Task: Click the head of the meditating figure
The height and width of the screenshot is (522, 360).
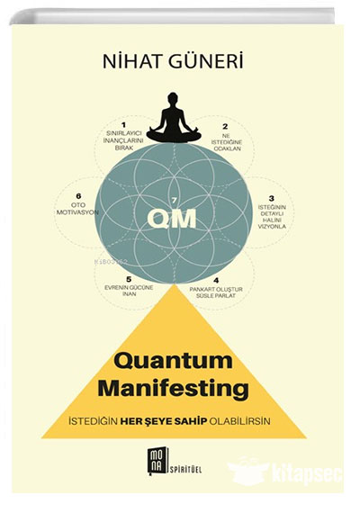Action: click(x=173, y=99)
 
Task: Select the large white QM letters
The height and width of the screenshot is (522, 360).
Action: click(x=172, y=218)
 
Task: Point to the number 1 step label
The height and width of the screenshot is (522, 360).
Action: click(x=124, y=125)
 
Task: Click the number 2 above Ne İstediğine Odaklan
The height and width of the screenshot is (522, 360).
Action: click(x=226, y=126)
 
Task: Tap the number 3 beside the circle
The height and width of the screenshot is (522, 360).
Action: click(x=272, y=198)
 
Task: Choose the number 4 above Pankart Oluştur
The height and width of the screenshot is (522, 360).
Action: click(x=217, y=281)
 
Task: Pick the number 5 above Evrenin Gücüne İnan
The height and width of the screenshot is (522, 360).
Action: click(x=129, y=279)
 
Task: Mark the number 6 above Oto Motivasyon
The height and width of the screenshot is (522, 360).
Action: click(x=78, y=196)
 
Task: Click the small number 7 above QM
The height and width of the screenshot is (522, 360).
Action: click(x=173, y=200)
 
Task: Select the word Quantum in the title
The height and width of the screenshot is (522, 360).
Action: click(x=173, y=361)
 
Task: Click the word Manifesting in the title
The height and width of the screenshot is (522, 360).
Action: click(x=174, y=389)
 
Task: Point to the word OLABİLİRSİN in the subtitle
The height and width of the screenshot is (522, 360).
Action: click(x=239, y=421)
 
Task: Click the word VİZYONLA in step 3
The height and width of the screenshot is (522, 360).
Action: click(x=272, y=227)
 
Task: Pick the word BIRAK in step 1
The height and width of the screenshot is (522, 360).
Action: click(x=124, y=148)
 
